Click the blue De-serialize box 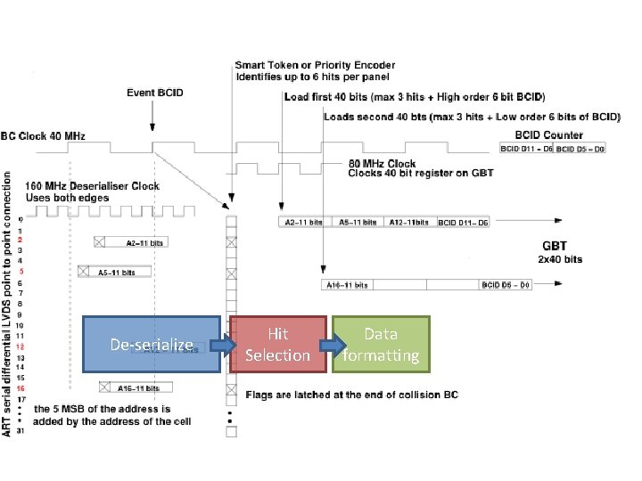[151, 344]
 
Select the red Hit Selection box [277, 344]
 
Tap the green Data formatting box [381, 344]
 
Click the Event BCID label [155, 94]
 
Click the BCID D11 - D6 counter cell [525, 149]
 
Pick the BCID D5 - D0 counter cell [580, 149]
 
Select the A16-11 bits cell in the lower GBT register [346, 285]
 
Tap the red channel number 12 [21, 346]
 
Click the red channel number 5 [21, 272]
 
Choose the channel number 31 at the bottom [21, 432]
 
